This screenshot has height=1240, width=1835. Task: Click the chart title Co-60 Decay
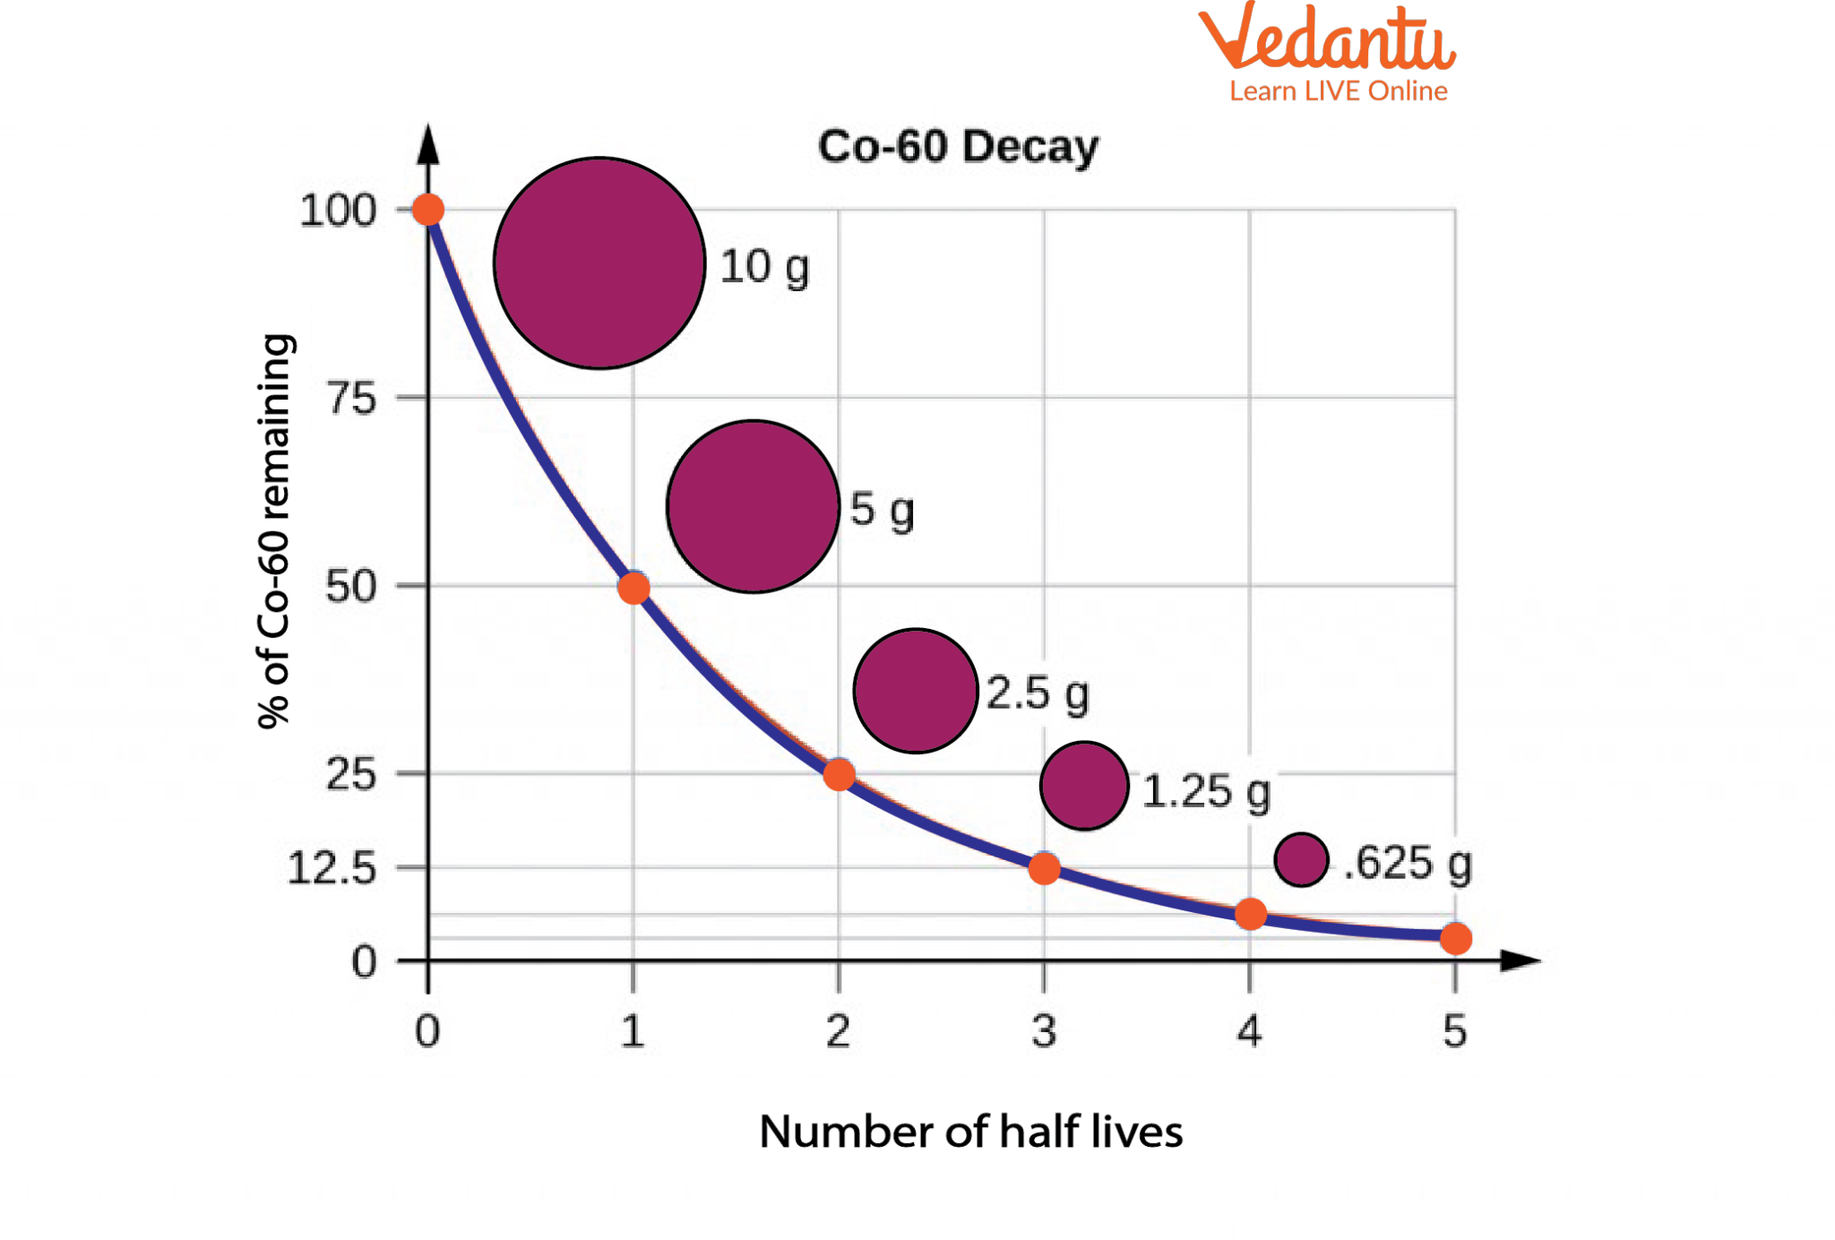tap(957, 147)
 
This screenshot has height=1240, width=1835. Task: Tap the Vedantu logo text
tap(1327, 39)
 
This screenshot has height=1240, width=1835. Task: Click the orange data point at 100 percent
tap(428, 210)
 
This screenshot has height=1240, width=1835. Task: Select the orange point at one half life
tap(633, 589)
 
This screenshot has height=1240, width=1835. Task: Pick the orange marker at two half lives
tap(839, 774)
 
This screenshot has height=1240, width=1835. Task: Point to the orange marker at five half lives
tap(1455, 939)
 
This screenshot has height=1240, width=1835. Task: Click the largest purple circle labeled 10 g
tap(599, 263)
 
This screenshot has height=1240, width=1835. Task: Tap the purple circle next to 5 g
tap(754, 506)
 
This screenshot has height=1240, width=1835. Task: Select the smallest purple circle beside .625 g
tap(1301, 860)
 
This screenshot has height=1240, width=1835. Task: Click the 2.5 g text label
tap(1038, 693)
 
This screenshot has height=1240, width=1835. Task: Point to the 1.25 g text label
tap(1206, 792)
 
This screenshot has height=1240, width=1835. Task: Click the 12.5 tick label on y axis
tap(332, 868)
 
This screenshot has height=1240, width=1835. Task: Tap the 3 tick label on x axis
tap(1044, 1031)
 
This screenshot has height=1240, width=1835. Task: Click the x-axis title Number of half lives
tap(970, 1132)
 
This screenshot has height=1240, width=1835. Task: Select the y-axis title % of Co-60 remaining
tap(274, 531)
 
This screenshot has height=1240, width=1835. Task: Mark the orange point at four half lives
tap(1250, 914)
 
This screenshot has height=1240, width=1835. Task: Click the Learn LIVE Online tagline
tap(1338, 91)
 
